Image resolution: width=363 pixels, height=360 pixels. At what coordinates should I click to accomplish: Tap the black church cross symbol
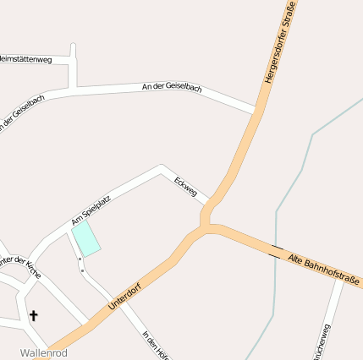(x=34, y=316)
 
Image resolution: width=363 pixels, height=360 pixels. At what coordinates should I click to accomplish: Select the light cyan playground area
(x=85, y=239)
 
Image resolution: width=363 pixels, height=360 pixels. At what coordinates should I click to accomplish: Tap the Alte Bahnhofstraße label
(x=324, y=269)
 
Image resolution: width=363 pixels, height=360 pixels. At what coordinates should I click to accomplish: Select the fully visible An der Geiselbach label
(x=173, y=88)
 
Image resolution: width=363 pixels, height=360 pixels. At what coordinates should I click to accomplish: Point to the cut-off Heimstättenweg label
(x=25, y=59)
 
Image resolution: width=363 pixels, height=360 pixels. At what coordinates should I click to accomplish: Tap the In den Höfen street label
(x=156, y=343)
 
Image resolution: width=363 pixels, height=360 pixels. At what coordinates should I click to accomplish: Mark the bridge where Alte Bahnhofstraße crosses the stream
(x=276, y=250)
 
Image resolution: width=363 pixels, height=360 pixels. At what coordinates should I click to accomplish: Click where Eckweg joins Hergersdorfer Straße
(x=206, y=205)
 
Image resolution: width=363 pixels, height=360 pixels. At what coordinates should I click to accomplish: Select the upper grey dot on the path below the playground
(x=79, y=259)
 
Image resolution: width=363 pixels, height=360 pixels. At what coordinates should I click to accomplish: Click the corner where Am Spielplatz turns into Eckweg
(x=161, y=168)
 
